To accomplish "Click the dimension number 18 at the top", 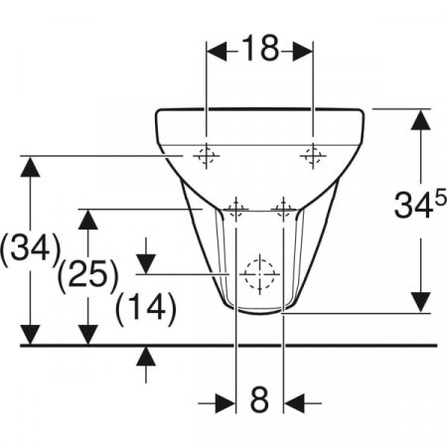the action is point(260,49).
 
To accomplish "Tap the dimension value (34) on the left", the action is point(31,249).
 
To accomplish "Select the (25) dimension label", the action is point(88,275).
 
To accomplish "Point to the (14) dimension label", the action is point(146,309).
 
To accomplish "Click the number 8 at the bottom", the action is point(259,399).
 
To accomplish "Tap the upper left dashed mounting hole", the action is point(207,155).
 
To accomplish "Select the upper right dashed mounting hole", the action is point(313,155).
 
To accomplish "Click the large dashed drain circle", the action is point(260,274).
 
